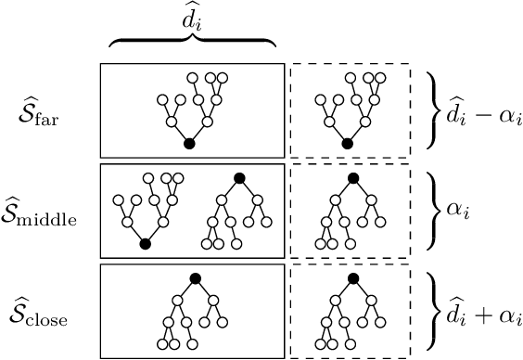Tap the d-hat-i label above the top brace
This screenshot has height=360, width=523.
[193, 19]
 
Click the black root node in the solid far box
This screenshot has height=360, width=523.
[189, 144]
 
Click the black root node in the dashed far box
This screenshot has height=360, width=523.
[348, 144]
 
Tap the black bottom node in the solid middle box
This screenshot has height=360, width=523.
[145, 244]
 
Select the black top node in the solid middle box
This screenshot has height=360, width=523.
[238, 177]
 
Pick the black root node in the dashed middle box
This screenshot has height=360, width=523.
[352, 177]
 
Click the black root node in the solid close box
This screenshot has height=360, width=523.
[195, 277]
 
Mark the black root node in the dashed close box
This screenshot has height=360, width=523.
[352, 277]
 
